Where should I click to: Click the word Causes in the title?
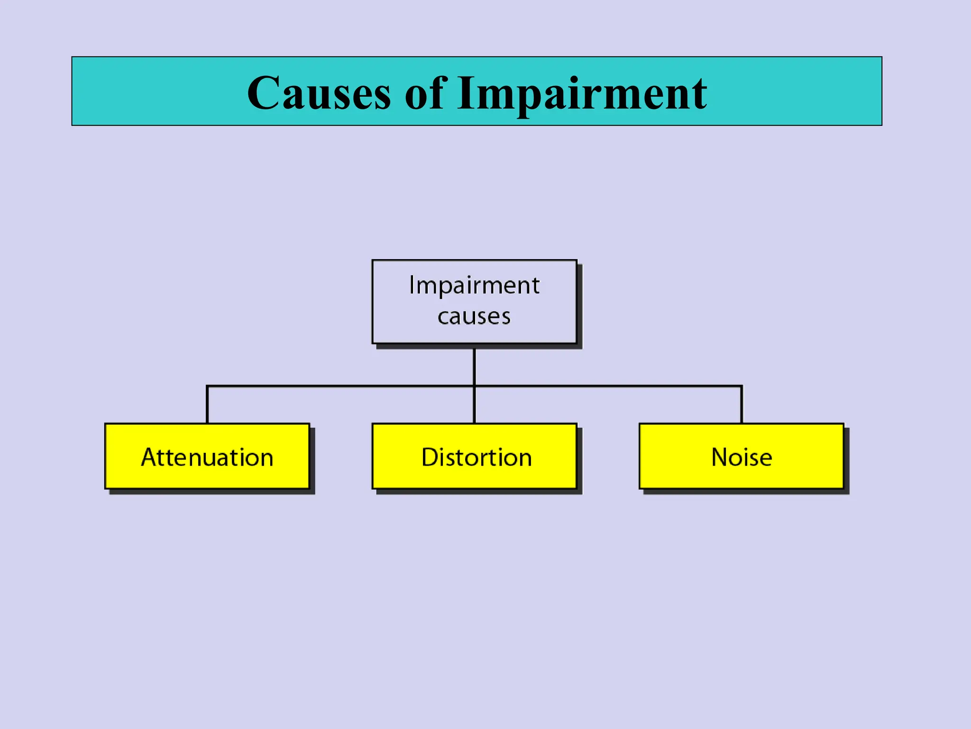coord(319,93)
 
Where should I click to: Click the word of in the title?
coord(425,93)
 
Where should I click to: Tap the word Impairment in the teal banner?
coord(582,93)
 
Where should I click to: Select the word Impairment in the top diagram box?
coord(474,285)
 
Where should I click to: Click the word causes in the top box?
coord(474,317)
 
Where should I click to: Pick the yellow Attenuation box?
coord(207,456)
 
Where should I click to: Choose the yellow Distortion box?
coord(475,456)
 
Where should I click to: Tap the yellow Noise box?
coord(742,456)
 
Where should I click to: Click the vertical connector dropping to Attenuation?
coord(207,404)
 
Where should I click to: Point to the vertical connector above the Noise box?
coord(742,404)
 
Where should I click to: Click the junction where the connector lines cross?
coord(474,386)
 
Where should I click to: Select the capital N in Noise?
coord(720,458)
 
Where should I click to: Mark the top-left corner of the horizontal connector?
coord(208,386)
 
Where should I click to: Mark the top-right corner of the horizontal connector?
coord(742,386)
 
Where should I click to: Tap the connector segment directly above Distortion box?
coord(474,406)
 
